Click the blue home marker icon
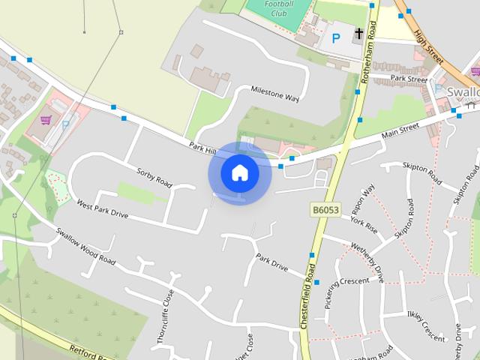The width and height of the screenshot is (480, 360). (x=239, y=173)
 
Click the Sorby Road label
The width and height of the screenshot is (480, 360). (x=154, y=177)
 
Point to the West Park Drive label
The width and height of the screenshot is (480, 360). (x=102, y=209)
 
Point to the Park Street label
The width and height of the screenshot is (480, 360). (x=409, y=78)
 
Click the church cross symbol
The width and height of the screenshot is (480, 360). (x=359, y=34)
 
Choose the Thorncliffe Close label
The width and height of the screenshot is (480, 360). (x=165, y=316)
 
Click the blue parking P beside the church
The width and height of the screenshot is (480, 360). (x=336, y=37)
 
